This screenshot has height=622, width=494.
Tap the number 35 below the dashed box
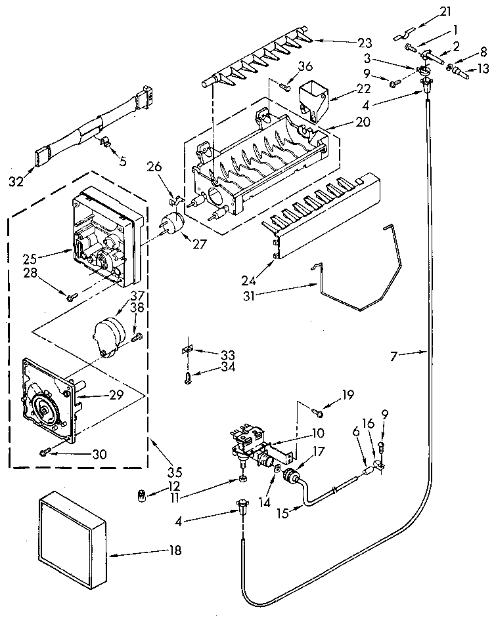[174, 470]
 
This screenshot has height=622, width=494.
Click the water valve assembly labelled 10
[252, 443]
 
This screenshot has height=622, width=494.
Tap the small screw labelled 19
[318, 411]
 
